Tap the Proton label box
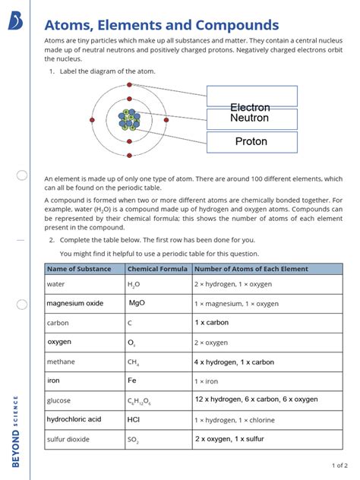pyautogui.click(x=251, y=142)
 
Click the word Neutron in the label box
pyautogui.click(x=250, y=118)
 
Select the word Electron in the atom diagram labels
pyautogui.click(x=250, y=108)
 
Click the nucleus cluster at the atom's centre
pyautogui.click(x=130, y=119)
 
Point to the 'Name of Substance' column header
pyautogui.click(x=79, y=269)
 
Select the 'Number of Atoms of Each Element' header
pyautogui.click(x=251, y=269)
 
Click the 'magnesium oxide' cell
pyautogui.click(x=74, y=303)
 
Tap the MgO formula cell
pyautogui.click(x=137, y=303)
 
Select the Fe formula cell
pyautogui.click(x=132, y=381)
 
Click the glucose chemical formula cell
pyautogui.click(x=141, y=400)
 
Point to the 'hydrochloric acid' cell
pyautogui.click(x=74, y=419)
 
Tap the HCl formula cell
pyautogui.click(x=134, y=419)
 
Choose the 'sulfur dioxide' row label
pyautogui.click(x=68, y=439)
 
